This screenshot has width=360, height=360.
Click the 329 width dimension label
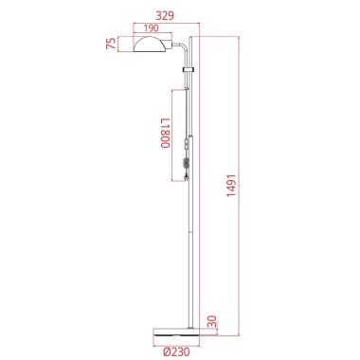tap(166, 16)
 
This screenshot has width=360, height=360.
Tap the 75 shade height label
tap(112, 44)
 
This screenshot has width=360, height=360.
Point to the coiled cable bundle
tap(187, 165)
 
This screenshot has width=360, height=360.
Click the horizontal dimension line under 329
tap(166, 24)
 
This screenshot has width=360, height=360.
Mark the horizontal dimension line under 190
tap(153, 36)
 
